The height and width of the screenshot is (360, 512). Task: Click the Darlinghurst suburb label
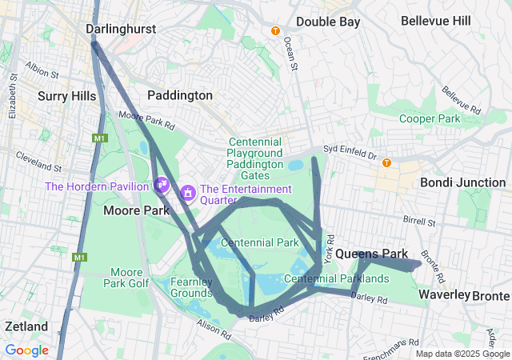120,29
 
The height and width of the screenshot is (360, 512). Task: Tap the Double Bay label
328,22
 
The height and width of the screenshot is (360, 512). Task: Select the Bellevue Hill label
436,21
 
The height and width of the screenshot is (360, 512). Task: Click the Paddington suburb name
180,95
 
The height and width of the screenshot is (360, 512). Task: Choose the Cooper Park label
430,118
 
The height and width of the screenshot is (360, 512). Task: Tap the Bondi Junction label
462,182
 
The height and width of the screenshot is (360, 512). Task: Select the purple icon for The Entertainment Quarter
188,192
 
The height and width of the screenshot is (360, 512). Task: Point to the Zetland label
26,326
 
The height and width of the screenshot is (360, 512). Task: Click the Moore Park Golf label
126,278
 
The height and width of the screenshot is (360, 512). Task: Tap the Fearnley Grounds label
192,287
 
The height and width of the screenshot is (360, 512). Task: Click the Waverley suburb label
444,295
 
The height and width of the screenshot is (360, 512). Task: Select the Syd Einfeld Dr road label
349,149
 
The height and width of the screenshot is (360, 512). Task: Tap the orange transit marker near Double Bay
275,31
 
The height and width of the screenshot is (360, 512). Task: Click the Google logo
26,350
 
